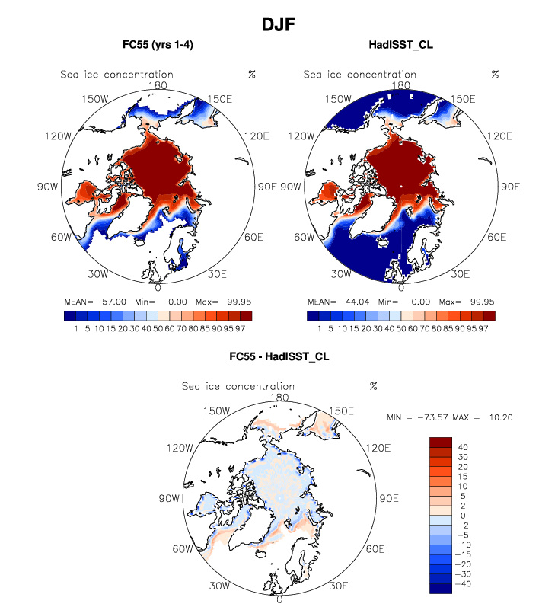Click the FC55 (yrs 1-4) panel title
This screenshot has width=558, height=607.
tap(158, 46)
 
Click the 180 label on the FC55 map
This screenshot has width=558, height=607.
tap(158, 86)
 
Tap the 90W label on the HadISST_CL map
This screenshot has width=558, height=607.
tap(292, 187)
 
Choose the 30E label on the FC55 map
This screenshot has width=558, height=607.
tap(218, 273)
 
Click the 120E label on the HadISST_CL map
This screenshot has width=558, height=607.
tap(499, 136)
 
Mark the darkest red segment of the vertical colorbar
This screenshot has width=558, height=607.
tap(441, 442)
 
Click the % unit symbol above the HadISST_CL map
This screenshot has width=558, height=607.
tap(496, 74)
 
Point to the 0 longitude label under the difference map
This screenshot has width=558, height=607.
tap(280, 599)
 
